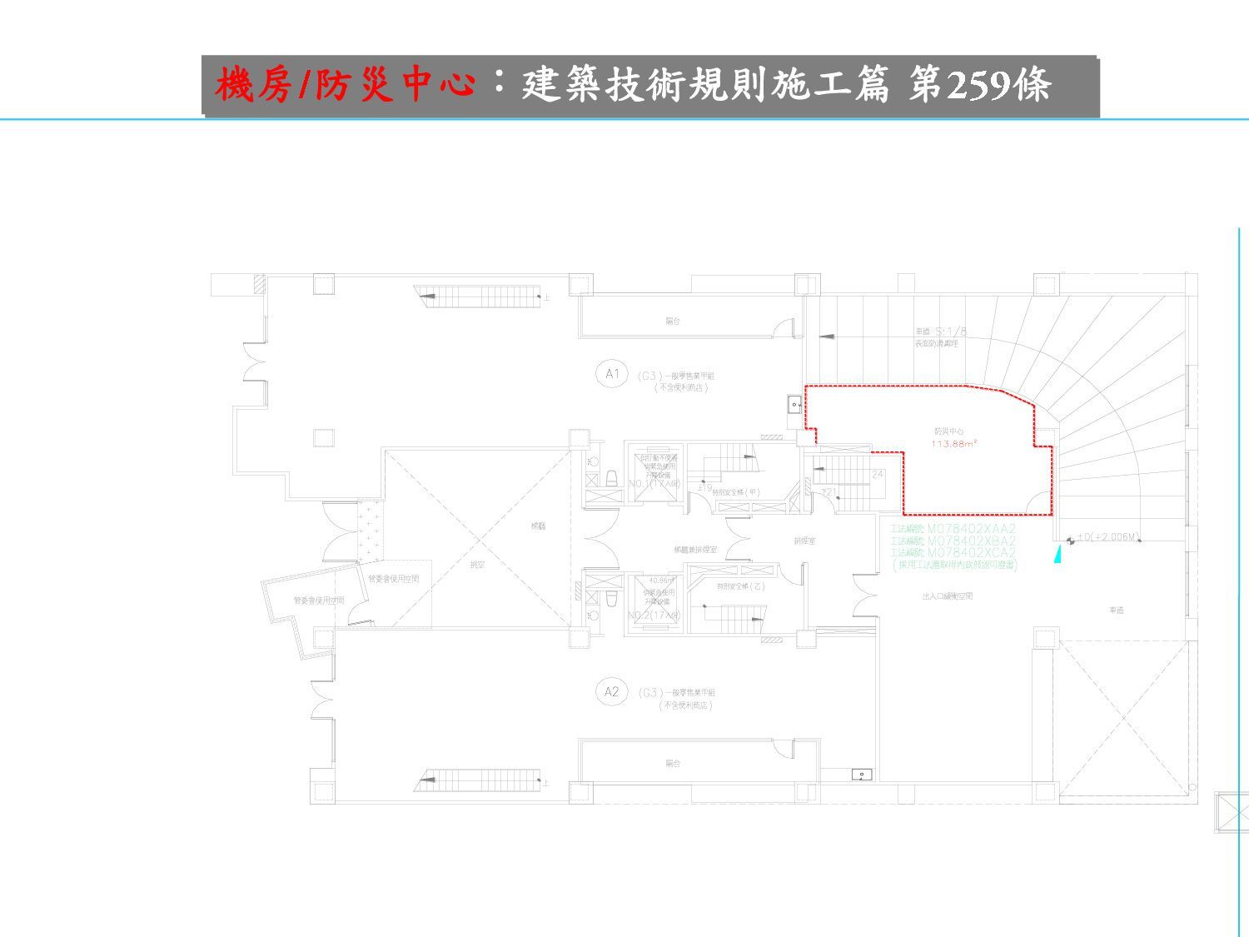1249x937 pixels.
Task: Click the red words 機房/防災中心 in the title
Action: coord(345,85)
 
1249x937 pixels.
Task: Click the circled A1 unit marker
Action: coord(612,374)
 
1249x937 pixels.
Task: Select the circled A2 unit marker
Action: coord(612,691)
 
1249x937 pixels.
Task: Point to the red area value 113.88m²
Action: coord(953,444)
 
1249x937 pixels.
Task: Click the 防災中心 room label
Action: coord(948,432)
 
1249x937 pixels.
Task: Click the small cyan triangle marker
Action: coord(1058,554)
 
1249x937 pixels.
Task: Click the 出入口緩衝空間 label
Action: coord(948,596)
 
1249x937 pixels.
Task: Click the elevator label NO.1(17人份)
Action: coord(654,483)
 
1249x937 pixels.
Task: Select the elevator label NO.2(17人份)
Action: coord(654,615)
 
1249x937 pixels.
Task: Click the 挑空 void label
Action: coord(476,564)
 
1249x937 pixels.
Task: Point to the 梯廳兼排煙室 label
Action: coord(695,550)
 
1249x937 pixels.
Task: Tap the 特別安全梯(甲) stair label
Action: coord(736,492)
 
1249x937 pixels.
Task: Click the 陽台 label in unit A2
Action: coord(673,763)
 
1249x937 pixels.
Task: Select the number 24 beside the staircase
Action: coord(877,474)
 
